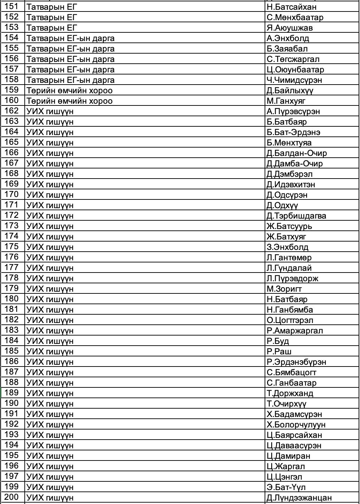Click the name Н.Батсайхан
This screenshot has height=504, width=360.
(x=291, y=7)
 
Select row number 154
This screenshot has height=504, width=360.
(x=12, y=38)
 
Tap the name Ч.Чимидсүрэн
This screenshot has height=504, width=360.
(x=294, y=80)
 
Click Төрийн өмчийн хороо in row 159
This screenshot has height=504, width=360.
(x=70, y=90)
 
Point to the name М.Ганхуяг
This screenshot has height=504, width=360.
(x=286, y=101)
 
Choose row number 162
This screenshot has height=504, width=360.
(x=12, y=111)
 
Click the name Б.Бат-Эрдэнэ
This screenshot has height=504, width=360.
(x=294, y=132)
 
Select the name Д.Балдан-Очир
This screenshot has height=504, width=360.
(x=297, y=153)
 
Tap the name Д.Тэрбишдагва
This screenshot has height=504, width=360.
(x=296, y=216)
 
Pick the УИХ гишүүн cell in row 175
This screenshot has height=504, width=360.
(x=50, y=247)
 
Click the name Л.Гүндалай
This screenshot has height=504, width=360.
(x=289, y=268)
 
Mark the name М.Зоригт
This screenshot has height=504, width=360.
(x=284, y=289)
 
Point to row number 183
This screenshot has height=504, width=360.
(x=12, y=330)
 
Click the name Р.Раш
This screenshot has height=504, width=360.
(x=279, y=352)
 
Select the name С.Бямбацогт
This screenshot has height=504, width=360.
(x=292, y=372)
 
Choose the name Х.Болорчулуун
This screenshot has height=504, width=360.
(x=296, y=425)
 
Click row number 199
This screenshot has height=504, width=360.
(x=12, y=487)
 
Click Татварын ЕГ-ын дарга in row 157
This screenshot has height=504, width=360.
(x=71, y=70)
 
